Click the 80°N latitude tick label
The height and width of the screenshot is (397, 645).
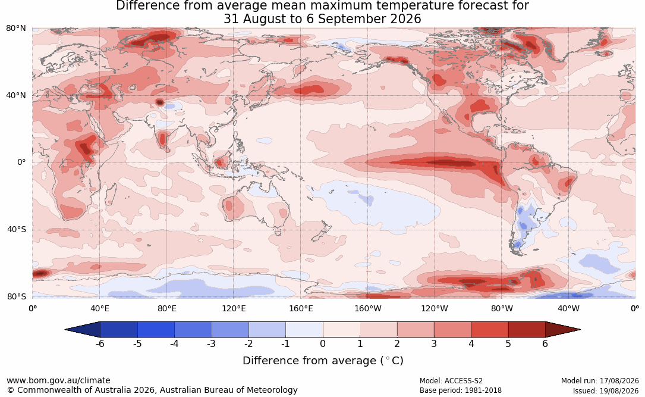(x=16, y=29)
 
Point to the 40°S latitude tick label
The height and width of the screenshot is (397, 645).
(x=17, y=229)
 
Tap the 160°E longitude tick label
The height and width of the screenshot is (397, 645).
(x=301, y=308)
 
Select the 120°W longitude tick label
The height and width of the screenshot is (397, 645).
(x=435, y=308)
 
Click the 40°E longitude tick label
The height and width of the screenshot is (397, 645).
(x=99, y=308)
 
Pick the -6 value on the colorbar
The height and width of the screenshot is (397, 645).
(x=99, y=343)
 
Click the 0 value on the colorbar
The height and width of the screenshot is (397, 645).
(x=323, y=343)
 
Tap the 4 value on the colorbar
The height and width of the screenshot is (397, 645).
(x=471, y=343)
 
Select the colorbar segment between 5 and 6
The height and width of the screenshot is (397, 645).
(x=527, y=330)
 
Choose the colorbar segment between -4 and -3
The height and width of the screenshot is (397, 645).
(x=193, y=330)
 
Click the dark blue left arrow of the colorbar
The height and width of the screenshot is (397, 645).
(x=83, y=330)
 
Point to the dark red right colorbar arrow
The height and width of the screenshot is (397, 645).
(x=563, y=330)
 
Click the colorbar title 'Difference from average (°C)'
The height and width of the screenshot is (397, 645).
(x=323, y=361)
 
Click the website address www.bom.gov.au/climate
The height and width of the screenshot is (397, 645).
(x=58, y=380)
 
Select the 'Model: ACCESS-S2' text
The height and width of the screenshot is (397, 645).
(x=451, y=381)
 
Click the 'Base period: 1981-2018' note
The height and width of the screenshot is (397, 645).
(x=461, y=390)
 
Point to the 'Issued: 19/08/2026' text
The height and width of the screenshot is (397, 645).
(x=606, y=390)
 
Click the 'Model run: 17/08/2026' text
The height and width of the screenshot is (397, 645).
(x=600, y=381)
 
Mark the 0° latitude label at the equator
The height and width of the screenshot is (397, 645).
(x=21, y=162)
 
